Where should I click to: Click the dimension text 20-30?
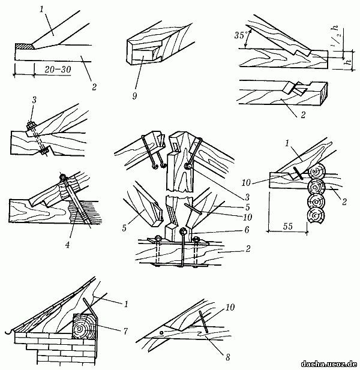coord(49,71)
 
